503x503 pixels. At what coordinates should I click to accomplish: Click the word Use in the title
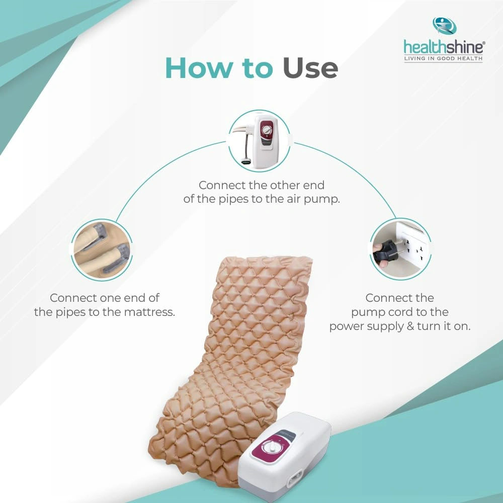310,68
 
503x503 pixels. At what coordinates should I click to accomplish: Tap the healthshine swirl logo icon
444,26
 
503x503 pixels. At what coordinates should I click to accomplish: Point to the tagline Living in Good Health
443,58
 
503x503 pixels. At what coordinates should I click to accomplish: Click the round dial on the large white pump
272,447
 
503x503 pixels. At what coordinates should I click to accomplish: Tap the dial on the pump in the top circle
267,130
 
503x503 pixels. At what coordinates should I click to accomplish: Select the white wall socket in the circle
413,247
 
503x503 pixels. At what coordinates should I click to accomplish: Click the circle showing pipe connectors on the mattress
102,250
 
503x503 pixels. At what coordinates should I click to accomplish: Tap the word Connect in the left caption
73,298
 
